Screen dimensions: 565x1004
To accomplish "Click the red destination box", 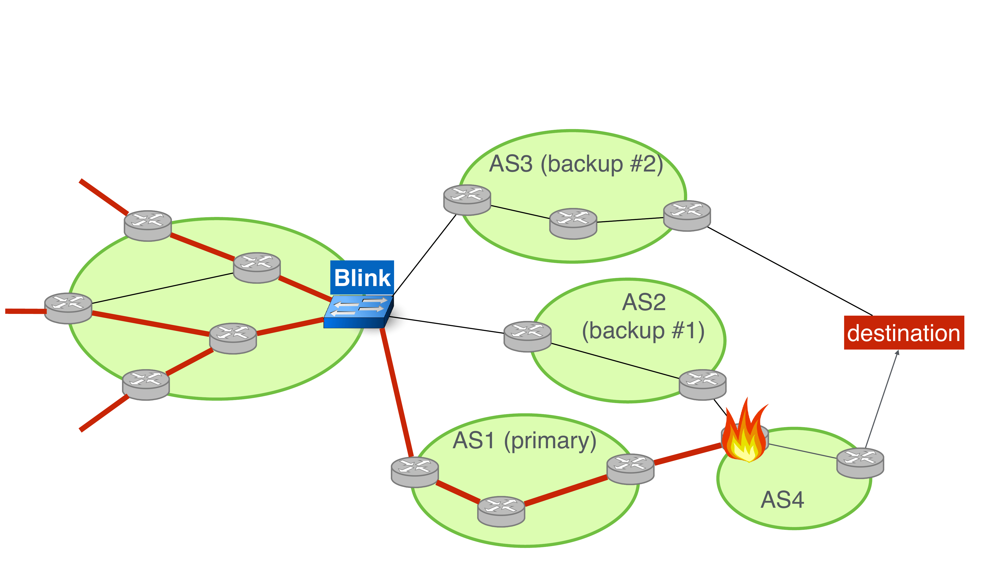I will [903, 333].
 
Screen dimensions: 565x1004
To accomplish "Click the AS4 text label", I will [782, 500].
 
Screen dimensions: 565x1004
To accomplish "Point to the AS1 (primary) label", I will [524, 441].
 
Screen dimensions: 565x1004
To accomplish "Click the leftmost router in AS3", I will [467, 200].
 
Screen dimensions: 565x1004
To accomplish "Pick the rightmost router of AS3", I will [687, 216].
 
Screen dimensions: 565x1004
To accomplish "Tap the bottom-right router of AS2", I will [702, 384].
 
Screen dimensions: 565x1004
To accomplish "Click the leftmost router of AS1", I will [414, 472].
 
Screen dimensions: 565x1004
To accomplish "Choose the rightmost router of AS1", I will [630, 469].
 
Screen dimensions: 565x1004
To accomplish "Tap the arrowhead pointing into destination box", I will [898, 353].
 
